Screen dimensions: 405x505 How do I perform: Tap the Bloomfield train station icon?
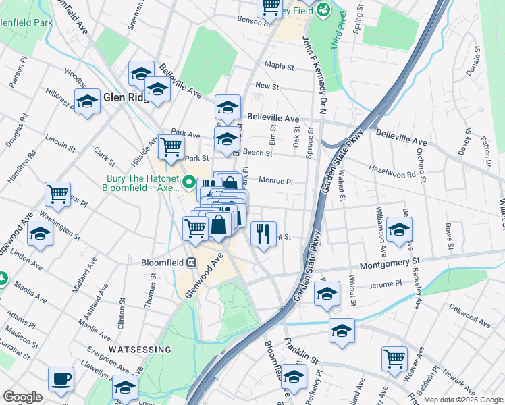tap(192, 262)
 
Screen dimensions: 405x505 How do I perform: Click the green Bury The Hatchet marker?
tap(190, 183)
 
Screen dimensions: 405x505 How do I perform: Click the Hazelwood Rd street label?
tap(392, 173)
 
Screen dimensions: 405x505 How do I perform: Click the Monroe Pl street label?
tap(275, 181)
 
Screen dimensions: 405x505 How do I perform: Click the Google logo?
tap(22, 397)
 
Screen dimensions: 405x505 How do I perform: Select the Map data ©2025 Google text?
tap(463, 400)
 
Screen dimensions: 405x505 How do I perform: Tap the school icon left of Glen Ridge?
tap(87, 103)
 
